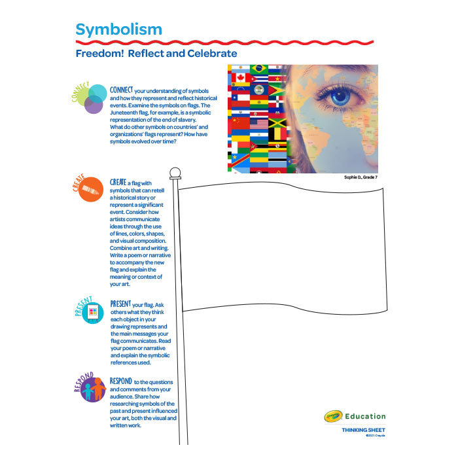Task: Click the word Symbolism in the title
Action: (x=118, y=29)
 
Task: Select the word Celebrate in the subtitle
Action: (x=213, y=54)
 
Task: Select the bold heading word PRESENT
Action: (x=121, y=304)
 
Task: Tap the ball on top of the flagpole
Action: (x=175, y=173)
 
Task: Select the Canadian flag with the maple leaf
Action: (x=237, y=80)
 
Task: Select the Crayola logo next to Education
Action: (x=334, y=416)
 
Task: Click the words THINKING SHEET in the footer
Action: (x=363, y=430)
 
